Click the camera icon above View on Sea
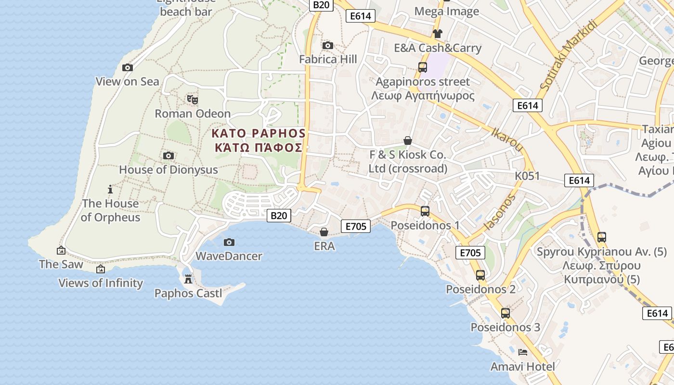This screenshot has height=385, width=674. point(128,68)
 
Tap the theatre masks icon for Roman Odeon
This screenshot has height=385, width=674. point(193,100)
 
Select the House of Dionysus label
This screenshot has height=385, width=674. point(168,170)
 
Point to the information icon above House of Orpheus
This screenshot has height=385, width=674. point(110,189)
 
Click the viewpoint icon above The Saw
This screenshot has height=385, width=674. point(61,250)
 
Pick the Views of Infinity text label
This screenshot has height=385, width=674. point(101,283)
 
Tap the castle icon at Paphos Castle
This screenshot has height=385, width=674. point(188,279)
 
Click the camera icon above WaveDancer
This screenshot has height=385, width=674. point(229,242)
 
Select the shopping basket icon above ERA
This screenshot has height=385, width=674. point(324,232)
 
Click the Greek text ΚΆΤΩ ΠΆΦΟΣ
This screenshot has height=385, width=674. point(259,148)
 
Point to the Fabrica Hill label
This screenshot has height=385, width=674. point(328,59)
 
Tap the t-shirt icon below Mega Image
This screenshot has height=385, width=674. point(437,34)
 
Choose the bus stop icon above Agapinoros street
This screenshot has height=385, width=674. point(423,67)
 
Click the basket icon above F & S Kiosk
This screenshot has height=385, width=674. point(408,141)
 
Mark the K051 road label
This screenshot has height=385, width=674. point(528,176)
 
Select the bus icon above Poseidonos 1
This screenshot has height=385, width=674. point(425,211)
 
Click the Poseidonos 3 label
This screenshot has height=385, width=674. point(505,327)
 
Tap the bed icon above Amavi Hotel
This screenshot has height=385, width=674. point(523,352)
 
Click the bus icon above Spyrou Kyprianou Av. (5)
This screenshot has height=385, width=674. point(601,237)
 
